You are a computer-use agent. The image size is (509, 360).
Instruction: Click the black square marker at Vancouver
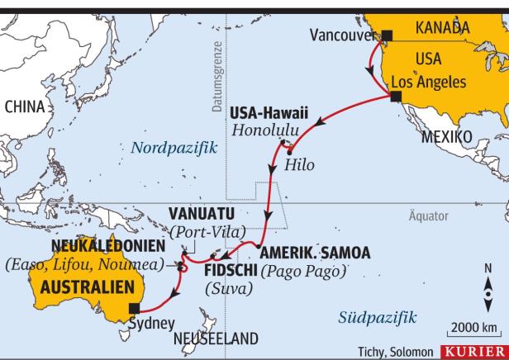pyautogui.click(x=386, y=35)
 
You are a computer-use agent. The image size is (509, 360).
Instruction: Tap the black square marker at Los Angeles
pyautogui.click(x=396, y=97)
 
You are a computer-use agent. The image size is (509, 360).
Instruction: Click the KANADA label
pyautogui.click(x=442, y=28)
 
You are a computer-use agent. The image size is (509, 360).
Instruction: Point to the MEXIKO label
pyautogui.click(x=446, y=135)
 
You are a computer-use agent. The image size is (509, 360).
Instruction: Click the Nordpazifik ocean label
pyautogui.click(x=173, y=148)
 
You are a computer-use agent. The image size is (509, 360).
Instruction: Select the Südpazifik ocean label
pyautogui.click(x=378, y=317)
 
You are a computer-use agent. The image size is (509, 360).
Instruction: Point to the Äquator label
pyautogui.click(x=429, y=216)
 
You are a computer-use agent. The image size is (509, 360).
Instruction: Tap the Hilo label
pyautogui.click(x=299, y=164)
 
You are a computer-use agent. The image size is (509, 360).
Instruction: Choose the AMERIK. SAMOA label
pyautogui.click(x=314, y=253)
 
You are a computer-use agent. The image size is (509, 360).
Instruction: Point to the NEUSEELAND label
pyautogui.click(x=215, y=339)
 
